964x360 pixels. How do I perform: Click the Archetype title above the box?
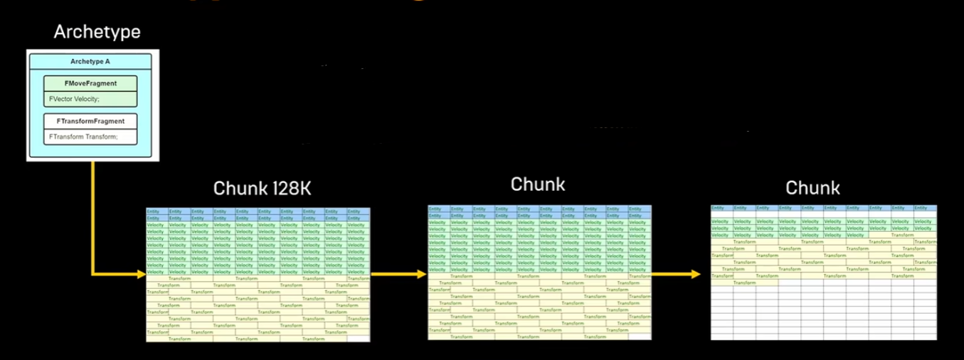coord(97,32)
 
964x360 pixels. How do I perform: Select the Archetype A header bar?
coord(90,62)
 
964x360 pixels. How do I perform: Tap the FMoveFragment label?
coord(90,83)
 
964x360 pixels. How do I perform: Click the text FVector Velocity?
coord(75,99)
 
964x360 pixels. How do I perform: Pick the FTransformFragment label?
coord(90,122)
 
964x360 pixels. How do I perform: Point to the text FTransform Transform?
coord(83,137)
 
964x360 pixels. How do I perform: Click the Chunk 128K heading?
coord(261,189)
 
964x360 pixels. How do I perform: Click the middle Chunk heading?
coord(538,184)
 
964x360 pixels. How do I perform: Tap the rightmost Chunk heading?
coord(812,188)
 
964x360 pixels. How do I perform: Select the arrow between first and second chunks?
coord(398,272)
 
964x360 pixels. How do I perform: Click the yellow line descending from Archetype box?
coord(92,213)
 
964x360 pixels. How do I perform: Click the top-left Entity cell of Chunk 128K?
coord(157,211)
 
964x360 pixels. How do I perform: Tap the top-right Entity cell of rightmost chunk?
coord(927,208)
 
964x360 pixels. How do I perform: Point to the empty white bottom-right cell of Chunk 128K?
coord(359,339)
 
